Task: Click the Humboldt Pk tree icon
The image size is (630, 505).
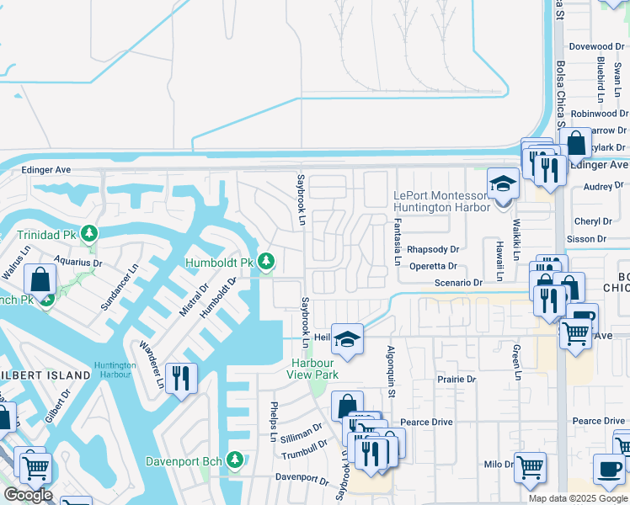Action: tap(266, 263)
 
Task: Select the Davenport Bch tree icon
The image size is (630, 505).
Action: tap(235, 460)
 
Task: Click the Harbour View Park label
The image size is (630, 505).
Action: tap(312, 369)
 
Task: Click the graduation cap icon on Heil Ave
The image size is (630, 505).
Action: tap(346, 338)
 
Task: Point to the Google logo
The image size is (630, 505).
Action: tap(28, 495)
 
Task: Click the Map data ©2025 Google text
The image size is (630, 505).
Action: tap(578, 497)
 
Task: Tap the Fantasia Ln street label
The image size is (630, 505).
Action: tap(397, 242)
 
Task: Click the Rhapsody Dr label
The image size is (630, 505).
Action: tap(432, 250)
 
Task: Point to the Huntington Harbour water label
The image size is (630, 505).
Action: tap(115, 369)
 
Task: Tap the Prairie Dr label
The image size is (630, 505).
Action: tap(456, 380)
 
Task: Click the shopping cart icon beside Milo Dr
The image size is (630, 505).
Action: tap(530, 465)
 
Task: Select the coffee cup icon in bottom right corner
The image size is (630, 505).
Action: tap(610, 469)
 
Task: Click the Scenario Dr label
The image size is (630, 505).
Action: tap(458, 283)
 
